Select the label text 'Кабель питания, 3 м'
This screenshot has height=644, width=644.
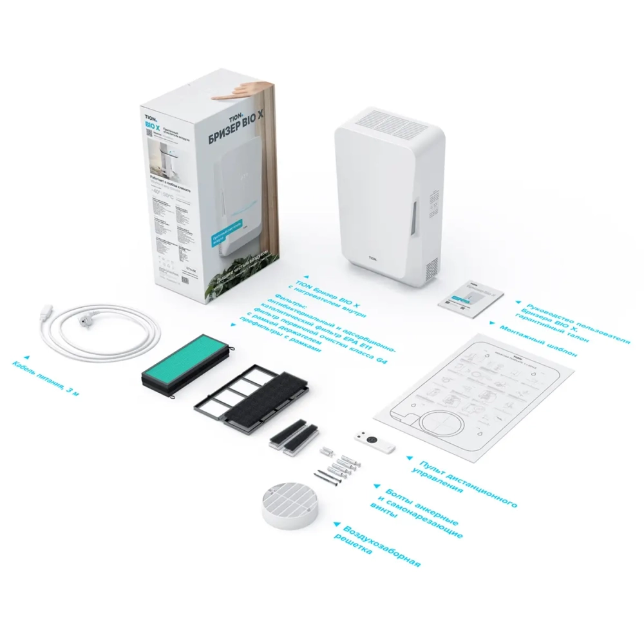click(49, 378)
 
